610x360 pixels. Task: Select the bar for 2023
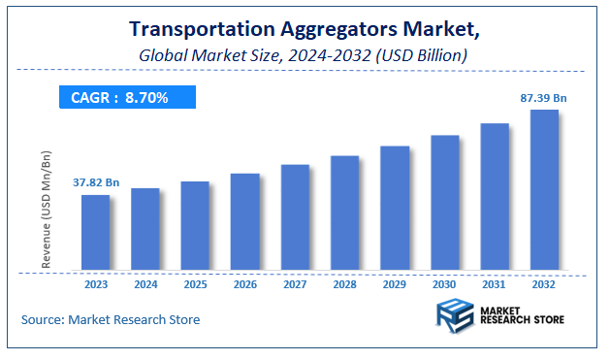(x=95, y=232)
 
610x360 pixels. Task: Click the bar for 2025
(x=195, y=225)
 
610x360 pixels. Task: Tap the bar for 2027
(x=295, y=216)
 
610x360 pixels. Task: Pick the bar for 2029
(x=395, y=208)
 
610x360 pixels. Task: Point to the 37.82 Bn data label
(x=96, y=182)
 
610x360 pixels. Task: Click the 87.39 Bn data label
(x=543, y=98)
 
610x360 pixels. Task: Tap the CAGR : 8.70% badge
(x=128, y=97)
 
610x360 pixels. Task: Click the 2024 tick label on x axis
(x=145, y=285)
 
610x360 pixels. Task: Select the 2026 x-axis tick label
(x=245, y=285)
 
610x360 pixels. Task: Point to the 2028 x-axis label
(x=345, y=285)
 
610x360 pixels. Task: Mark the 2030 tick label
(x=445, y=285)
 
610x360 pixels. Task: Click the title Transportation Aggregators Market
(x=305, y=32)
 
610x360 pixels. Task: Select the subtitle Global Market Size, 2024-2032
(x=305, y=56)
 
